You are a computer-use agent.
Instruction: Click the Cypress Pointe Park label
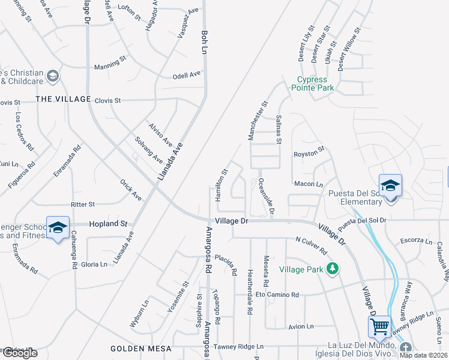point(313,83)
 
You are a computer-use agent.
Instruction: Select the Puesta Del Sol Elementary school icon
point(390,185)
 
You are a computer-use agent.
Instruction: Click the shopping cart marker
point(379,327)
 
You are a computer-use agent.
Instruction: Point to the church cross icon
point(406,348)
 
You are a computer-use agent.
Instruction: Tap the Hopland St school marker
point(58,227)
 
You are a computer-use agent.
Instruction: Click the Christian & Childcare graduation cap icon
point(53,76)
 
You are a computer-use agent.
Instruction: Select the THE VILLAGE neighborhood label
point(62,99)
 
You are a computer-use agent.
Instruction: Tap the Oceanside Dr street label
point(265,196)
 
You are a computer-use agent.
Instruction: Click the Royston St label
point(309,154)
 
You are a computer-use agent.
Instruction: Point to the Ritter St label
point(83,205)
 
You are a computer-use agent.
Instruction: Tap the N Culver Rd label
point(311,245)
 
